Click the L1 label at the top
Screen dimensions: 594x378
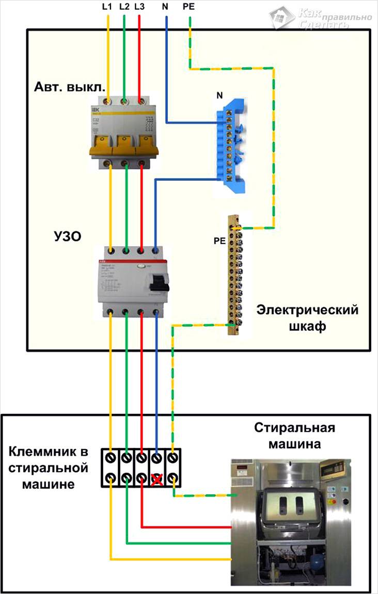(108, 7)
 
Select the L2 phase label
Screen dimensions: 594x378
(124, 7)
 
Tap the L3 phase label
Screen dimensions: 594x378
(139, 7)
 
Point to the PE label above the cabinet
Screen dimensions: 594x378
(190, 7)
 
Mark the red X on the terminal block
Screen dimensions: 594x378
(156, 480)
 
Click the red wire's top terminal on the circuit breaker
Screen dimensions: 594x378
(140, 99)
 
